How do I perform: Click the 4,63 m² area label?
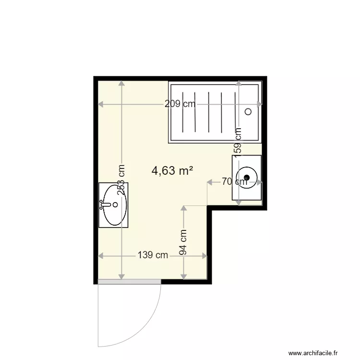click(172, 170)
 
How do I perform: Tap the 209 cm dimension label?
click(180, 104)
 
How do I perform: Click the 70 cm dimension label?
click(234, 181)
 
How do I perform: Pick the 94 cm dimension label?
click(183, 243)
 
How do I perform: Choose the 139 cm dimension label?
click(153, 255)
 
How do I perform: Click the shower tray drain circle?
click(248, 111)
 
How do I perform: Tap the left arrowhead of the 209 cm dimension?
click(101, 104)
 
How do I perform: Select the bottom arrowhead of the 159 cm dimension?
click(239, 202)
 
